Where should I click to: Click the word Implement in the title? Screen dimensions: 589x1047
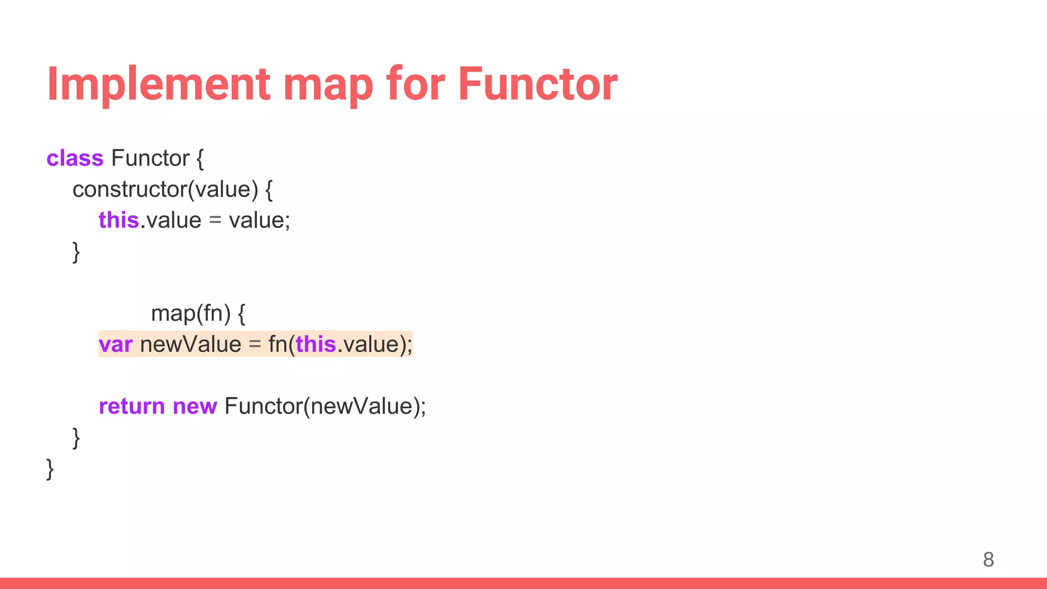(x=158, y=84)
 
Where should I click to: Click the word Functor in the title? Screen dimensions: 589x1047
(x=537, y=84)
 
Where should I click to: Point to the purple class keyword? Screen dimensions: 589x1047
(x=75, y=158)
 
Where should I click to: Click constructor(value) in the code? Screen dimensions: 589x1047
(x=165, y=190)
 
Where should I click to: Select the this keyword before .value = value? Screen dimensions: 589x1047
(x=118, y=220)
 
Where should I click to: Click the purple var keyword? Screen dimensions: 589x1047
(x=116, y=345)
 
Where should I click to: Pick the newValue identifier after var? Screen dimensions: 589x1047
(x=190, y=345)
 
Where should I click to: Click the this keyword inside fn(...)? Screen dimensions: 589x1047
(x=315, y=345)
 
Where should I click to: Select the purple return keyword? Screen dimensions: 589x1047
(x=131, y=406)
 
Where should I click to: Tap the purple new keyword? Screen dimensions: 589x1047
(x=195, y=406)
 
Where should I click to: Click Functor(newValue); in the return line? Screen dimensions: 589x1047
(x=325, y=406)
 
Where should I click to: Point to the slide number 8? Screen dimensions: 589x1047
(x=988, y=559)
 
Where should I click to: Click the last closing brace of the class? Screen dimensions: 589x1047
(x=50, y=469)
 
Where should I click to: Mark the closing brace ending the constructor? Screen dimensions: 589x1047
(x=76, y=252)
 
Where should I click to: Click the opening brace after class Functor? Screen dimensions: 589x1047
(x=200, y=159)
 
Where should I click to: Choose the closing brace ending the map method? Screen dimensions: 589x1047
(x=76, y=438)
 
